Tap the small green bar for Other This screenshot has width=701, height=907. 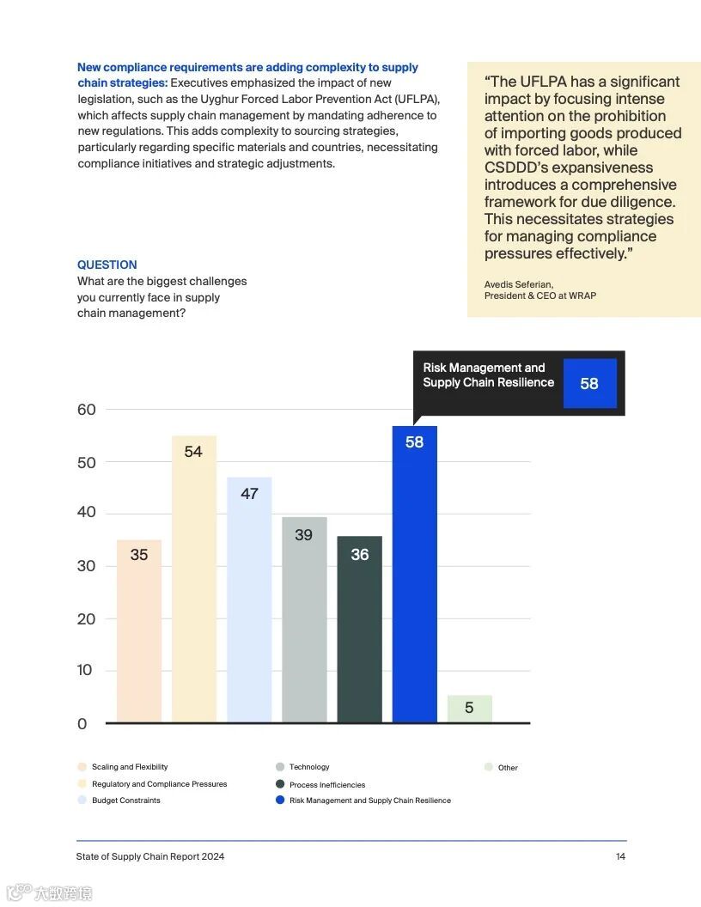point(469,709)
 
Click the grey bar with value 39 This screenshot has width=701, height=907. point(304,618)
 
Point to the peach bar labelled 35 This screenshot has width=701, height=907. point(138,630)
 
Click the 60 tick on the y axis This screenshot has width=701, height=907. point(86,410)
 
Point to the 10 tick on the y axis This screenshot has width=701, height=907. point(84,670)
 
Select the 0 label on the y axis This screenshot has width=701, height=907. point(82,724)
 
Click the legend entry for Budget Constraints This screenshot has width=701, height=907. point(125,800)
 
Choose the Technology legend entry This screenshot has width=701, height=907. point(309,767)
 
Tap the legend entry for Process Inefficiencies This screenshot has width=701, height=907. point(326,784)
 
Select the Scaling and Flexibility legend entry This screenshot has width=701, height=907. point(129,767)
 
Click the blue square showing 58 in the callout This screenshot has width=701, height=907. point(589,384)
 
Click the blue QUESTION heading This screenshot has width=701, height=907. point(107,265)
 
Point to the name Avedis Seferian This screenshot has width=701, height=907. point(519,284)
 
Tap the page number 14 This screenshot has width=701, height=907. point(620,856)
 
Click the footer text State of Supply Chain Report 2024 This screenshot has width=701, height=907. point(150,856)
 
